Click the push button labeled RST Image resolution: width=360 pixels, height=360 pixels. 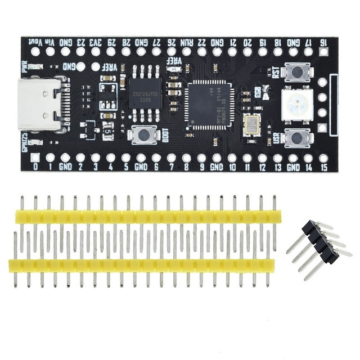tap(298, 71)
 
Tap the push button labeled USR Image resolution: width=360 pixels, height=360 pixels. tap(298, 137)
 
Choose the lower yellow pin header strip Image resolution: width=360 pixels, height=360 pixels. tap(144, 264)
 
